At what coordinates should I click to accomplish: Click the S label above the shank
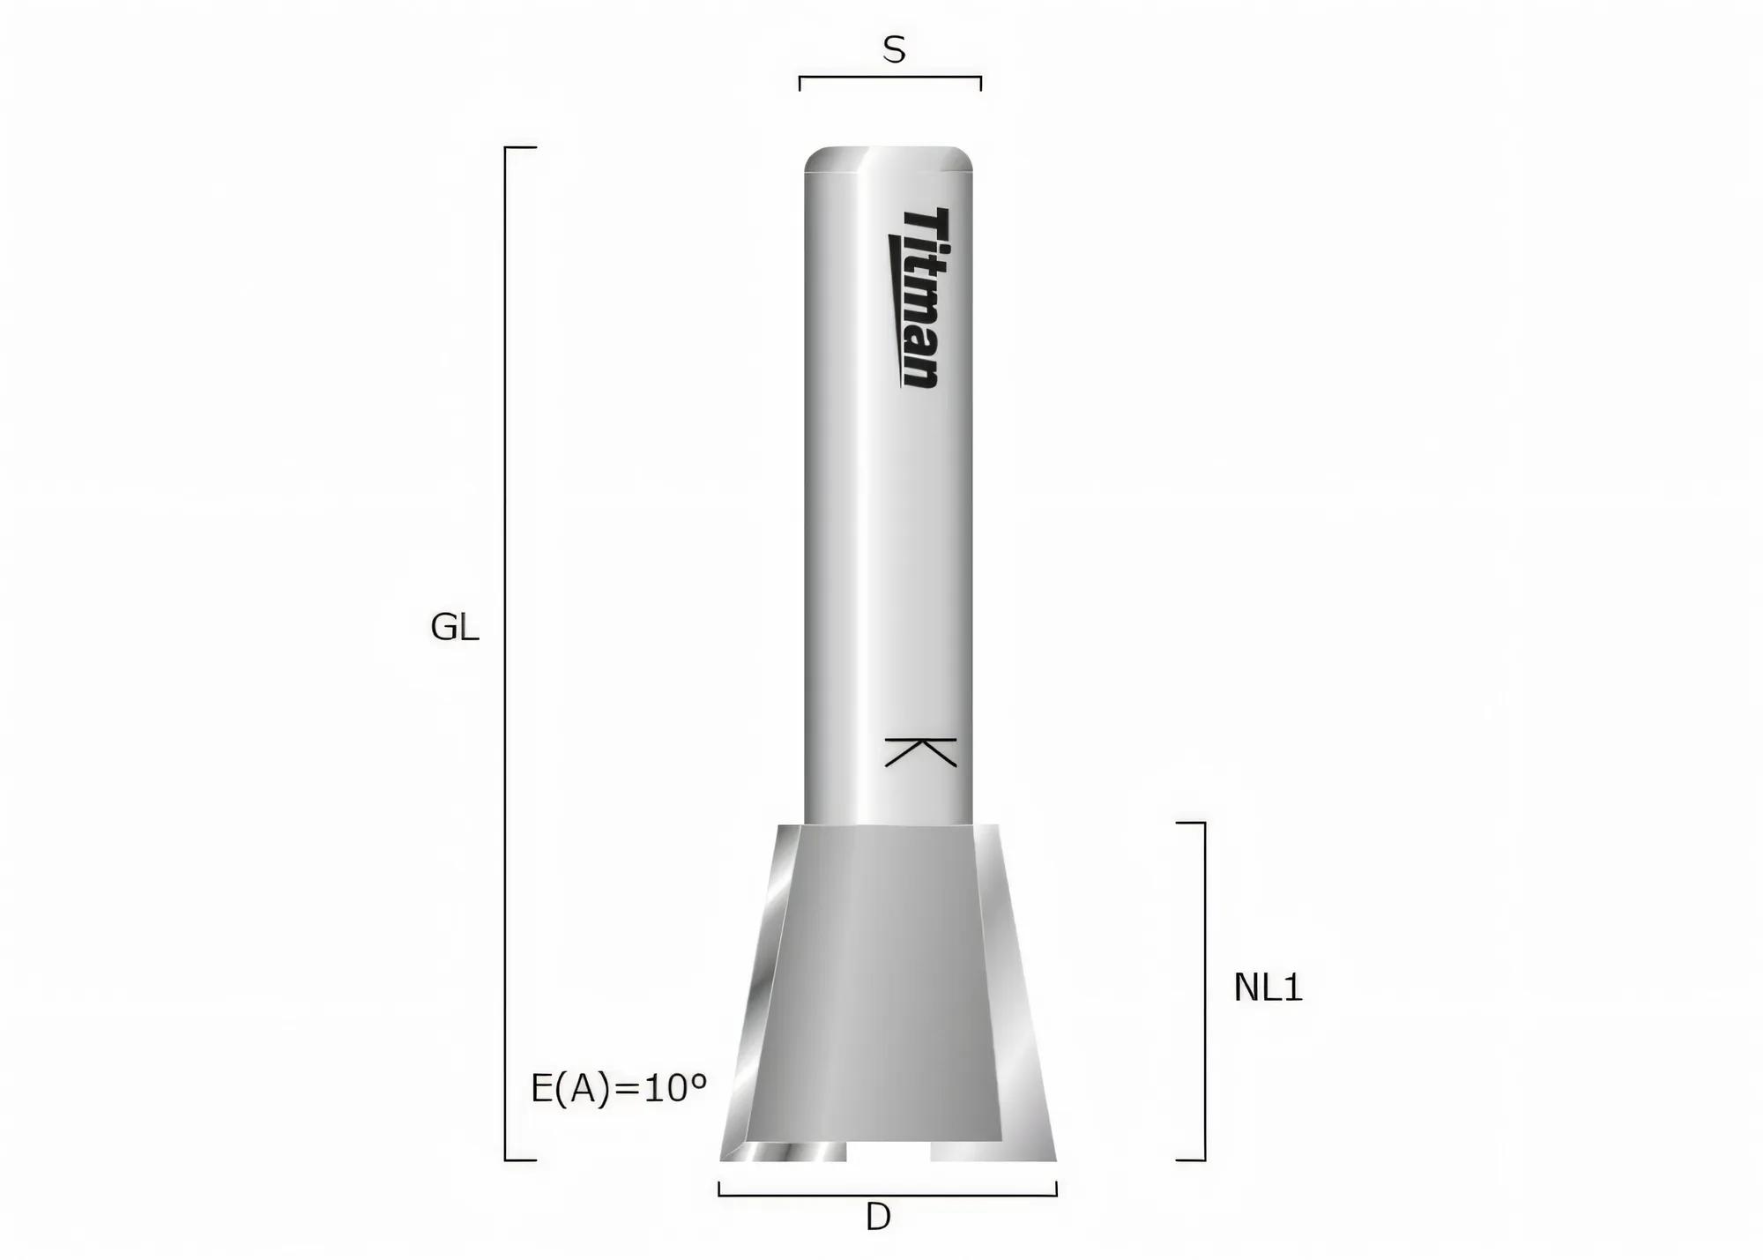point(894,50)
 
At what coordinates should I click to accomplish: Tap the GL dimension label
point(454,628)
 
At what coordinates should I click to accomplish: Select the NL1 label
point(1268,988)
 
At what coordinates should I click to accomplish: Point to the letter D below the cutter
point(878,1218)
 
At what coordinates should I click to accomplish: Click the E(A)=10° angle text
point(619,1089)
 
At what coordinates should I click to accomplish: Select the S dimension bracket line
point(890,78)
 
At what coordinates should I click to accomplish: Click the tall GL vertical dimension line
point(505,652)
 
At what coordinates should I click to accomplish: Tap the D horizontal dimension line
point(888,1195)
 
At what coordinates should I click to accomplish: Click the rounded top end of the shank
point(889,159)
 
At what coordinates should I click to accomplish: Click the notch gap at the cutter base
point(889,1152)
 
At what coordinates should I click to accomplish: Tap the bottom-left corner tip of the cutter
point(723,1158)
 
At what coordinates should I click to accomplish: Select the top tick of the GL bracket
point(521,148)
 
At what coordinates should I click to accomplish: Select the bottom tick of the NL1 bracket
point(1191,1159)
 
